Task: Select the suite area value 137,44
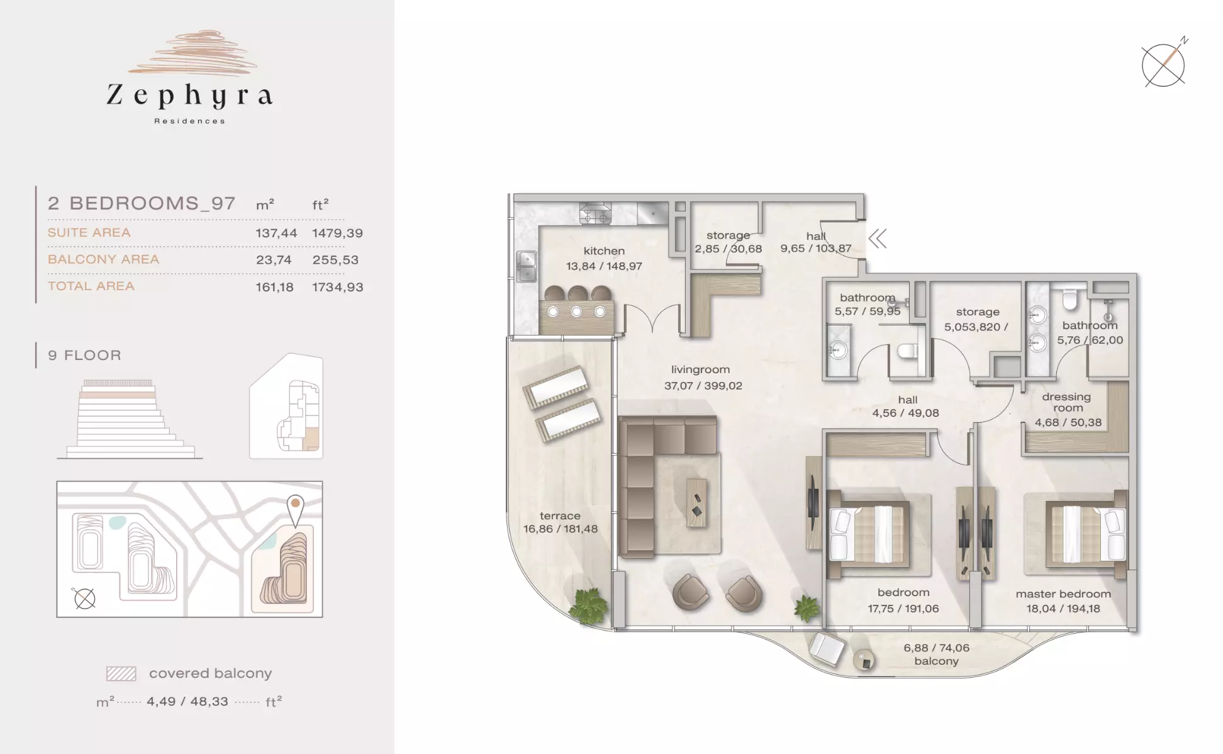[276, 233]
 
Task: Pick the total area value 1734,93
[338, 287]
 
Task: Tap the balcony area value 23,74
[274, 260]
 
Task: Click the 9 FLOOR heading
[84, 355]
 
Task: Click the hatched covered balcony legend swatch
[121, 673]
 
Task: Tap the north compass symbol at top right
[1164, 64]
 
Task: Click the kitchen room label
[604, 251]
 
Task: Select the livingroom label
[700, 369]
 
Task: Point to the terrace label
[560, 515]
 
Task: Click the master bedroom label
[1063, 594]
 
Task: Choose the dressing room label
[1067, 402]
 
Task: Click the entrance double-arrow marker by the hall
[878, 239]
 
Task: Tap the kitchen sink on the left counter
[527, 266]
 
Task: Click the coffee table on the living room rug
[696, 503]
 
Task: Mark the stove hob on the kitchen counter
[596, 214]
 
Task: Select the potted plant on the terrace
[589, 605]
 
